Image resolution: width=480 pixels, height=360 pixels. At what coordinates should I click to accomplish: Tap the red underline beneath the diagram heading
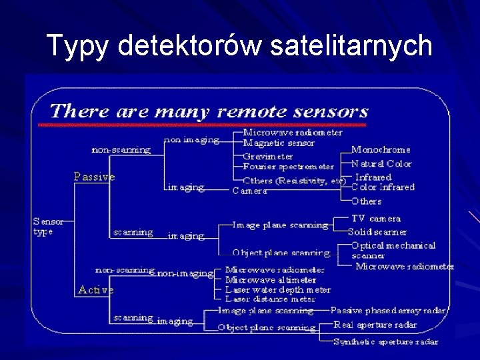pyautogui.click(x=202, y=125)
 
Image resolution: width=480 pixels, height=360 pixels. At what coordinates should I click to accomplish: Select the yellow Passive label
pyautogui.click(x=94, y=177)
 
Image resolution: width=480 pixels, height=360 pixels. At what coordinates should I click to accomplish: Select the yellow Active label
pyautogui.click(x=95, y=290)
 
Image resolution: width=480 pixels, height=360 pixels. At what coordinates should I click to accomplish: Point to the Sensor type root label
pyautogui.click(x=49, y=226)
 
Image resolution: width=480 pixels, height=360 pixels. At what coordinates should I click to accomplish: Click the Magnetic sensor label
pyautogui.click(x=279, y=143)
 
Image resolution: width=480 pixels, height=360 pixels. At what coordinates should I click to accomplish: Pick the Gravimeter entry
pyautogui.click(x=267, y=157)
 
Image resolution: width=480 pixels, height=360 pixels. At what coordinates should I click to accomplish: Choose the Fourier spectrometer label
pyautogui.click(x=288, y=166)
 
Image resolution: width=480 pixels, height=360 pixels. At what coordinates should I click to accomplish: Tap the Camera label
pyautogui.click(x=249, y=191)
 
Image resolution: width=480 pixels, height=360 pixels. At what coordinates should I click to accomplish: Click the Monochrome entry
pyautogui.click(x=381, y=150)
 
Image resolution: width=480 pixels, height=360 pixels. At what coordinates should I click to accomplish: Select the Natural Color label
pyautogui.click(x=381, y=163)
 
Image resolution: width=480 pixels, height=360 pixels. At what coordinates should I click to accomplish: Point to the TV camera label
pyautogui.click(x=376, y=219)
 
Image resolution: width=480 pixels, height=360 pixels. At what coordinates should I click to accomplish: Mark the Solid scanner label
pyautogui.click(x=377, y=232)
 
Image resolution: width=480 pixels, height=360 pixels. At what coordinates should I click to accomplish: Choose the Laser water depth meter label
pyautogui.click(x=277, y=290)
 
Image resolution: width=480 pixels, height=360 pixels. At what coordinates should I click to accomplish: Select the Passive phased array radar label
pyautogui.click(x=388, y=311)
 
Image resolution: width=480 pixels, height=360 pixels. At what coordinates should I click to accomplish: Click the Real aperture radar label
pyautogui.click(x=375, y=325)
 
